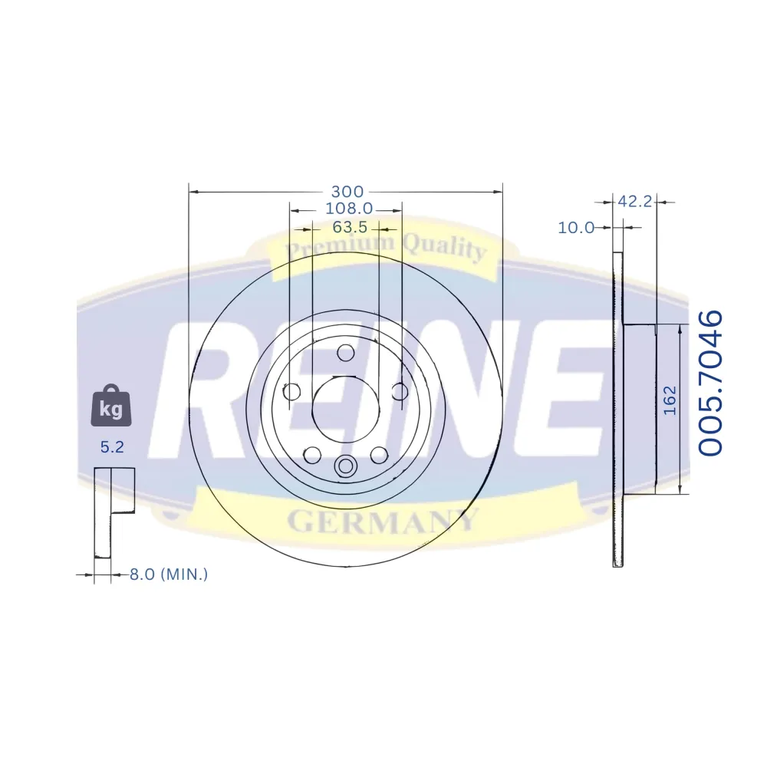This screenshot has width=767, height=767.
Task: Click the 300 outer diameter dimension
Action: [347, 191]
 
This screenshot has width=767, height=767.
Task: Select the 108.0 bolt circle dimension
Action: [349, 209]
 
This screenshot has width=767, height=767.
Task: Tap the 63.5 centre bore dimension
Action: [350, 228]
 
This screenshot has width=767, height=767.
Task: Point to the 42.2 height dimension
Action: [635, 201]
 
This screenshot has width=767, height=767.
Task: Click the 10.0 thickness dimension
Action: [576, 228]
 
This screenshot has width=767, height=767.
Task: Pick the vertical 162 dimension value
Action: [670, 400]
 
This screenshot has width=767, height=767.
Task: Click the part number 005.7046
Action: [709, 383]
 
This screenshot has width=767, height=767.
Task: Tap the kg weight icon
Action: [111, 406]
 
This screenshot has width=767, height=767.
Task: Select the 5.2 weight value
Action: [112, 446]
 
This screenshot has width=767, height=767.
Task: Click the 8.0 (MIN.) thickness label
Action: [169, 574]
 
